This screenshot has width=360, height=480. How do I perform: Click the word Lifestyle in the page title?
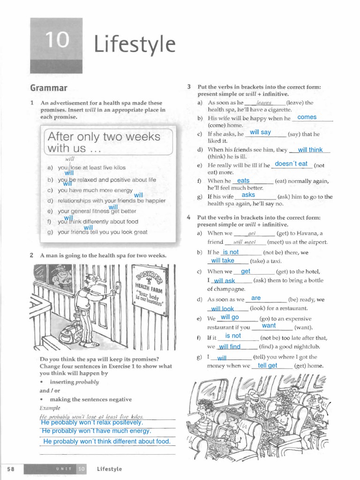[135, 45]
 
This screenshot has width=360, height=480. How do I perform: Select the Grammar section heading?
[49, 88]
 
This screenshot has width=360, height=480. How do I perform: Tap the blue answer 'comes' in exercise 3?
[307, 117]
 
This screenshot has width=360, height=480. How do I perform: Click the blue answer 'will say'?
[260, 132]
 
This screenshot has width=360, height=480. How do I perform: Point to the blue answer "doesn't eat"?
[291, 164]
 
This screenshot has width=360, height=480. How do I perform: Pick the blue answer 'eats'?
[244, 180]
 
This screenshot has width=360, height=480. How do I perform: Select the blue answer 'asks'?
[248, 195]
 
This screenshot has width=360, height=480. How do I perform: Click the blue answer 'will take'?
[223, 261]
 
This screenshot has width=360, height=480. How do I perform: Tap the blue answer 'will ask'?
[224, 281]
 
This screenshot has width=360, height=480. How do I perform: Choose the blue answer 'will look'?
[222, 309]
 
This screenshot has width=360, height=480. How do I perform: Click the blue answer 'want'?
[269, 325]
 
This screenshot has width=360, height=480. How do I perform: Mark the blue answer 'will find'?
[229, 347]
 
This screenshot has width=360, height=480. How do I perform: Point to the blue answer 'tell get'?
[268, 366]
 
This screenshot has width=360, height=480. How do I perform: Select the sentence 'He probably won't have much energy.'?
[97, 431]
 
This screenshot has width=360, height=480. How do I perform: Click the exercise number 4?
[188, 218]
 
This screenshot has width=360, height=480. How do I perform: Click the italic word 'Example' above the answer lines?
[50, 408]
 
